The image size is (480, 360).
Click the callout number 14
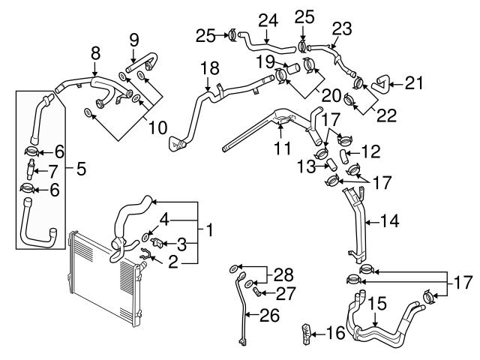click(390, 221)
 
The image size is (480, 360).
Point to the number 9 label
click(134, 38)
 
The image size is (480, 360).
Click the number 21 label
click(414, 82)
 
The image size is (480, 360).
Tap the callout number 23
click(342, 28)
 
